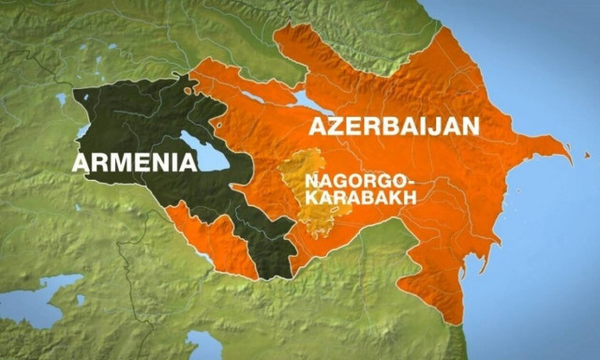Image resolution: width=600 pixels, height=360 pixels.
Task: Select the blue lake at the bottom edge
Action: click(203, 345)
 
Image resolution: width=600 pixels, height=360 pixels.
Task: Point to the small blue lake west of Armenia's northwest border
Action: click(62, 98)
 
